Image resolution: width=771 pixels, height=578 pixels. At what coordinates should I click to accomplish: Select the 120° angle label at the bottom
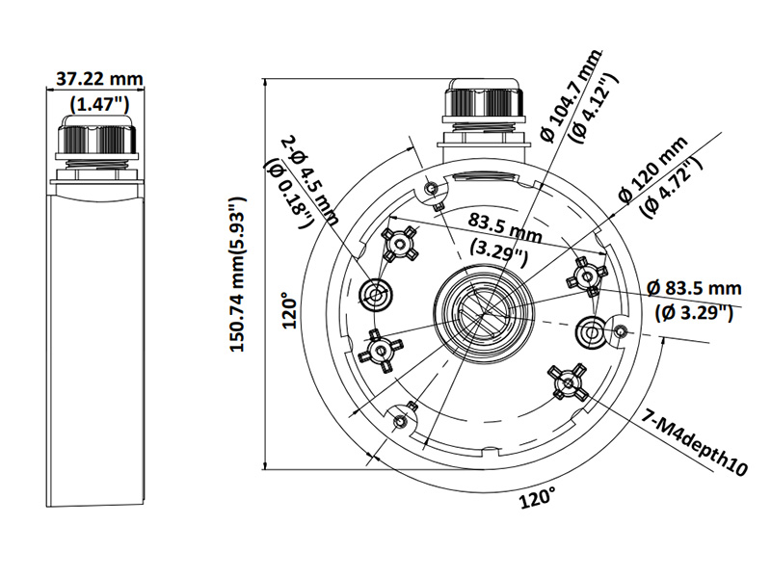[x=538, y=499]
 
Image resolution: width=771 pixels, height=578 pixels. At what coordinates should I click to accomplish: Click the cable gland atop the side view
[x=95, y=144]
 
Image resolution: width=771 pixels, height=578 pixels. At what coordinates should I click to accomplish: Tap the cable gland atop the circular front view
[x=482, y=111]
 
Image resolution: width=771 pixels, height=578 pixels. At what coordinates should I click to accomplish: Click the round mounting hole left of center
[x=375, y=293]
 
